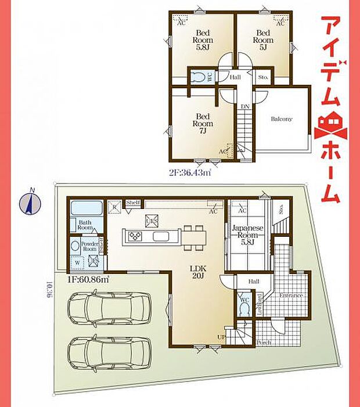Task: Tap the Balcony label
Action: [282, 119]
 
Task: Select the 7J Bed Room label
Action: [204, 124]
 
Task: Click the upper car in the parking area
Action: [110, 308]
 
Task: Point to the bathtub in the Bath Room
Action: [87, 208]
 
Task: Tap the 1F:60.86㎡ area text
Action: [88, 279]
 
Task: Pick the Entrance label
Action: [291, 296]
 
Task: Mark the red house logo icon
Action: [329, 125]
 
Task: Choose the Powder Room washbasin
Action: [75, 247]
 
